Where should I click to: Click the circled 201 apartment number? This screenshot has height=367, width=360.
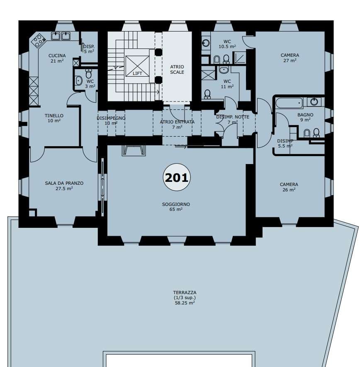[177, 177]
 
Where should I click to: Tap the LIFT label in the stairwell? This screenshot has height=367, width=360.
[137, 73]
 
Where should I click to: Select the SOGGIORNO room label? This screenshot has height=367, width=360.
[176, 204]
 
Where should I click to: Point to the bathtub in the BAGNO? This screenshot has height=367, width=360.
[289, 103]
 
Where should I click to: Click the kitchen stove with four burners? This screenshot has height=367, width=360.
[39, 41]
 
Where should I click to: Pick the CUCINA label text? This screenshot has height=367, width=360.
[57, 56]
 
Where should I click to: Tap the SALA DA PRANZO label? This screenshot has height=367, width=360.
[64, 183]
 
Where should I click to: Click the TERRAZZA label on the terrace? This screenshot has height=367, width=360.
[185, 292]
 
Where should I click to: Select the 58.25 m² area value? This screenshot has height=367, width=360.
[185, 303]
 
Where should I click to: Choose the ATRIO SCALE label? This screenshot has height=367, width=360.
[177, 70]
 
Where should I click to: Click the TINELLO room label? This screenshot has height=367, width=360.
[54, 116]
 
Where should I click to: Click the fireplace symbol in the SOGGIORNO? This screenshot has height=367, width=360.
[134, 150]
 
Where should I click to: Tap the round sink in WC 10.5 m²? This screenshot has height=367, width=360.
[206, 43]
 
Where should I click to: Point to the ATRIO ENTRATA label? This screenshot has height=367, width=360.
[177, 122]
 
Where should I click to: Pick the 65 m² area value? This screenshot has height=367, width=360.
[176, 210]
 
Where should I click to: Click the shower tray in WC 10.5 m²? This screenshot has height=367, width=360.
[239, 58]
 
